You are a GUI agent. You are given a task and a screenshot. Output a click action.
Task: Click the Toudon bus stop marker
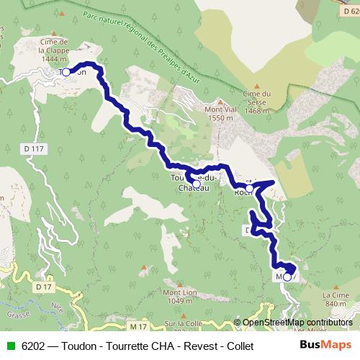coord(65,71)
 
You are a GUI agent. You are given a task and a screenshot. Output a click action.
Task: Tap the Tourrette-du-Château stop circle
coord(197,184)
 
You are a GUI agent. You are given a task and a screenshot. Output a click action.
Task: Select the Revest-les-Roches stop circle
coord(249,188)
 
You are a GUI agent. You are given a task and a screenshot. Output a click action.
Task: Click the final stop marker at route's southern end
coord(287,276)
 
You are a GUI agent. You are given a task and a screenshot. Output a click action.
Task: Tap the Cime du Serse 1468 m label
coord(256,102)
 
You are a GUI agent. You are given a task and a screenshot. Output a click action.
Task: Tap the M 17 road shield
coord(138,327)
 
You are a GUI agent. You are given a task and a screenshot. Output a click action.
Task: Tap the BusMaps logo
coord(325,344)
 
